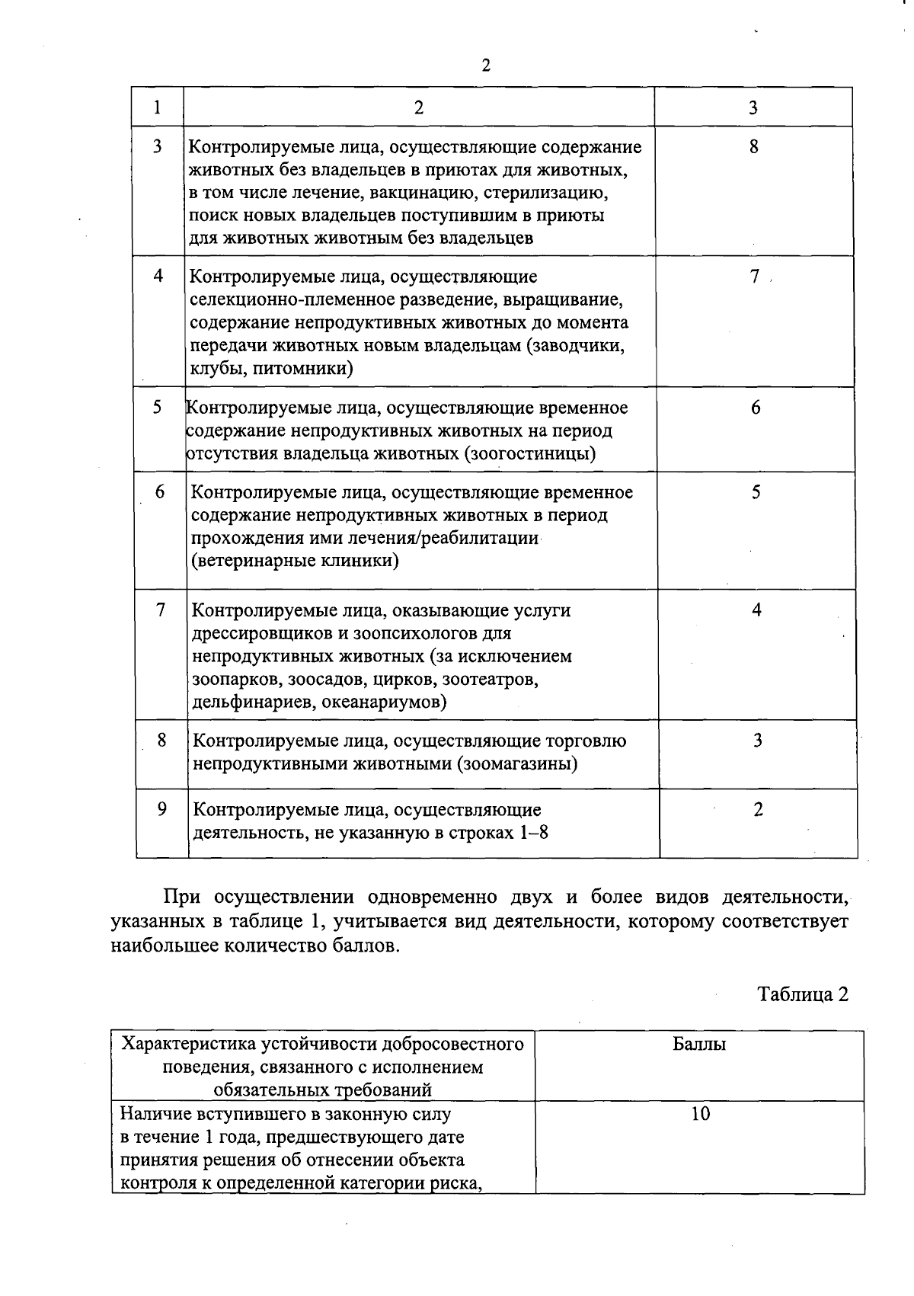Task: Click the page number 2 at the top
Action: click(486, 66)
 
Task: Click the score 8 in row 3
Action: click(753, 147)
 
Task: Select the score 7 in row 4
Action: click(754, 277)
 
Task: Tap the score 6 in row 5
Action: click(755, 408)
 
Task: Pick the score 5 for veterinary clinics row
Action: click(756, 492)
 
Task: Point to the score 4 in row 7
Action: click(756, 610)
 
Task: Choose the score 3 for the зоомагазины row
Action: click(757, 741)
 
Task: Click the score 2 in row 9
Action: click(757, 810)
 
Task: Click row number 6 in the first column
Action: click(160, 492)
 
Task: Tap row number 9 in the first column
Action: click(162, 810)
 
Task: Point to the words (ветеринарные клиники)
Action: click(295, 562)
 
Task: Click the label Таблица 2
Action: click(803, 995)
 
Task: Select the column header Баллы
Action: click(699, 1045)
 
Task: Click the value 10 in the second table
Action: click(700, 1114)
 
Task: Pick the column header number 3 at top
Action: click(753, 107)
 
